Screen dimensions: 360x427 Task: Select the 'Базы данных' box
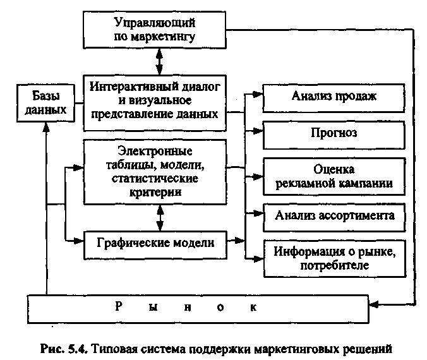45,102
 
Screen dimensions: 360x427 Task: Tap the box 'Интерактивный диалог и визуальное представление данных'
155,102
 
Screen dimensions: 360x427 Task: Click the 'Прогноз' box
334,134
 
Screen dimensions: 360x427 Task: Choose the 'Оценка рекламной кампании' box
334,176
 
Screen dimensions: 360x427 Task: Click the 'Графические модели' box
155,242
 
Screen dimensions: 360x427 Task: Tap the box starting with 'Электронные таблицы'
155,172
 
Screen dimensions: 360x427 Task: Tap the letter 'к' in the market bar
253,308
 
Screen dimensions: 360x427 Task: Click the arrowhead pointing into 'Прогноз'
258,132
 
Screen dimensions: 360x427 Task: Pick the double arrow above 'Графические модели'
159,218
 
